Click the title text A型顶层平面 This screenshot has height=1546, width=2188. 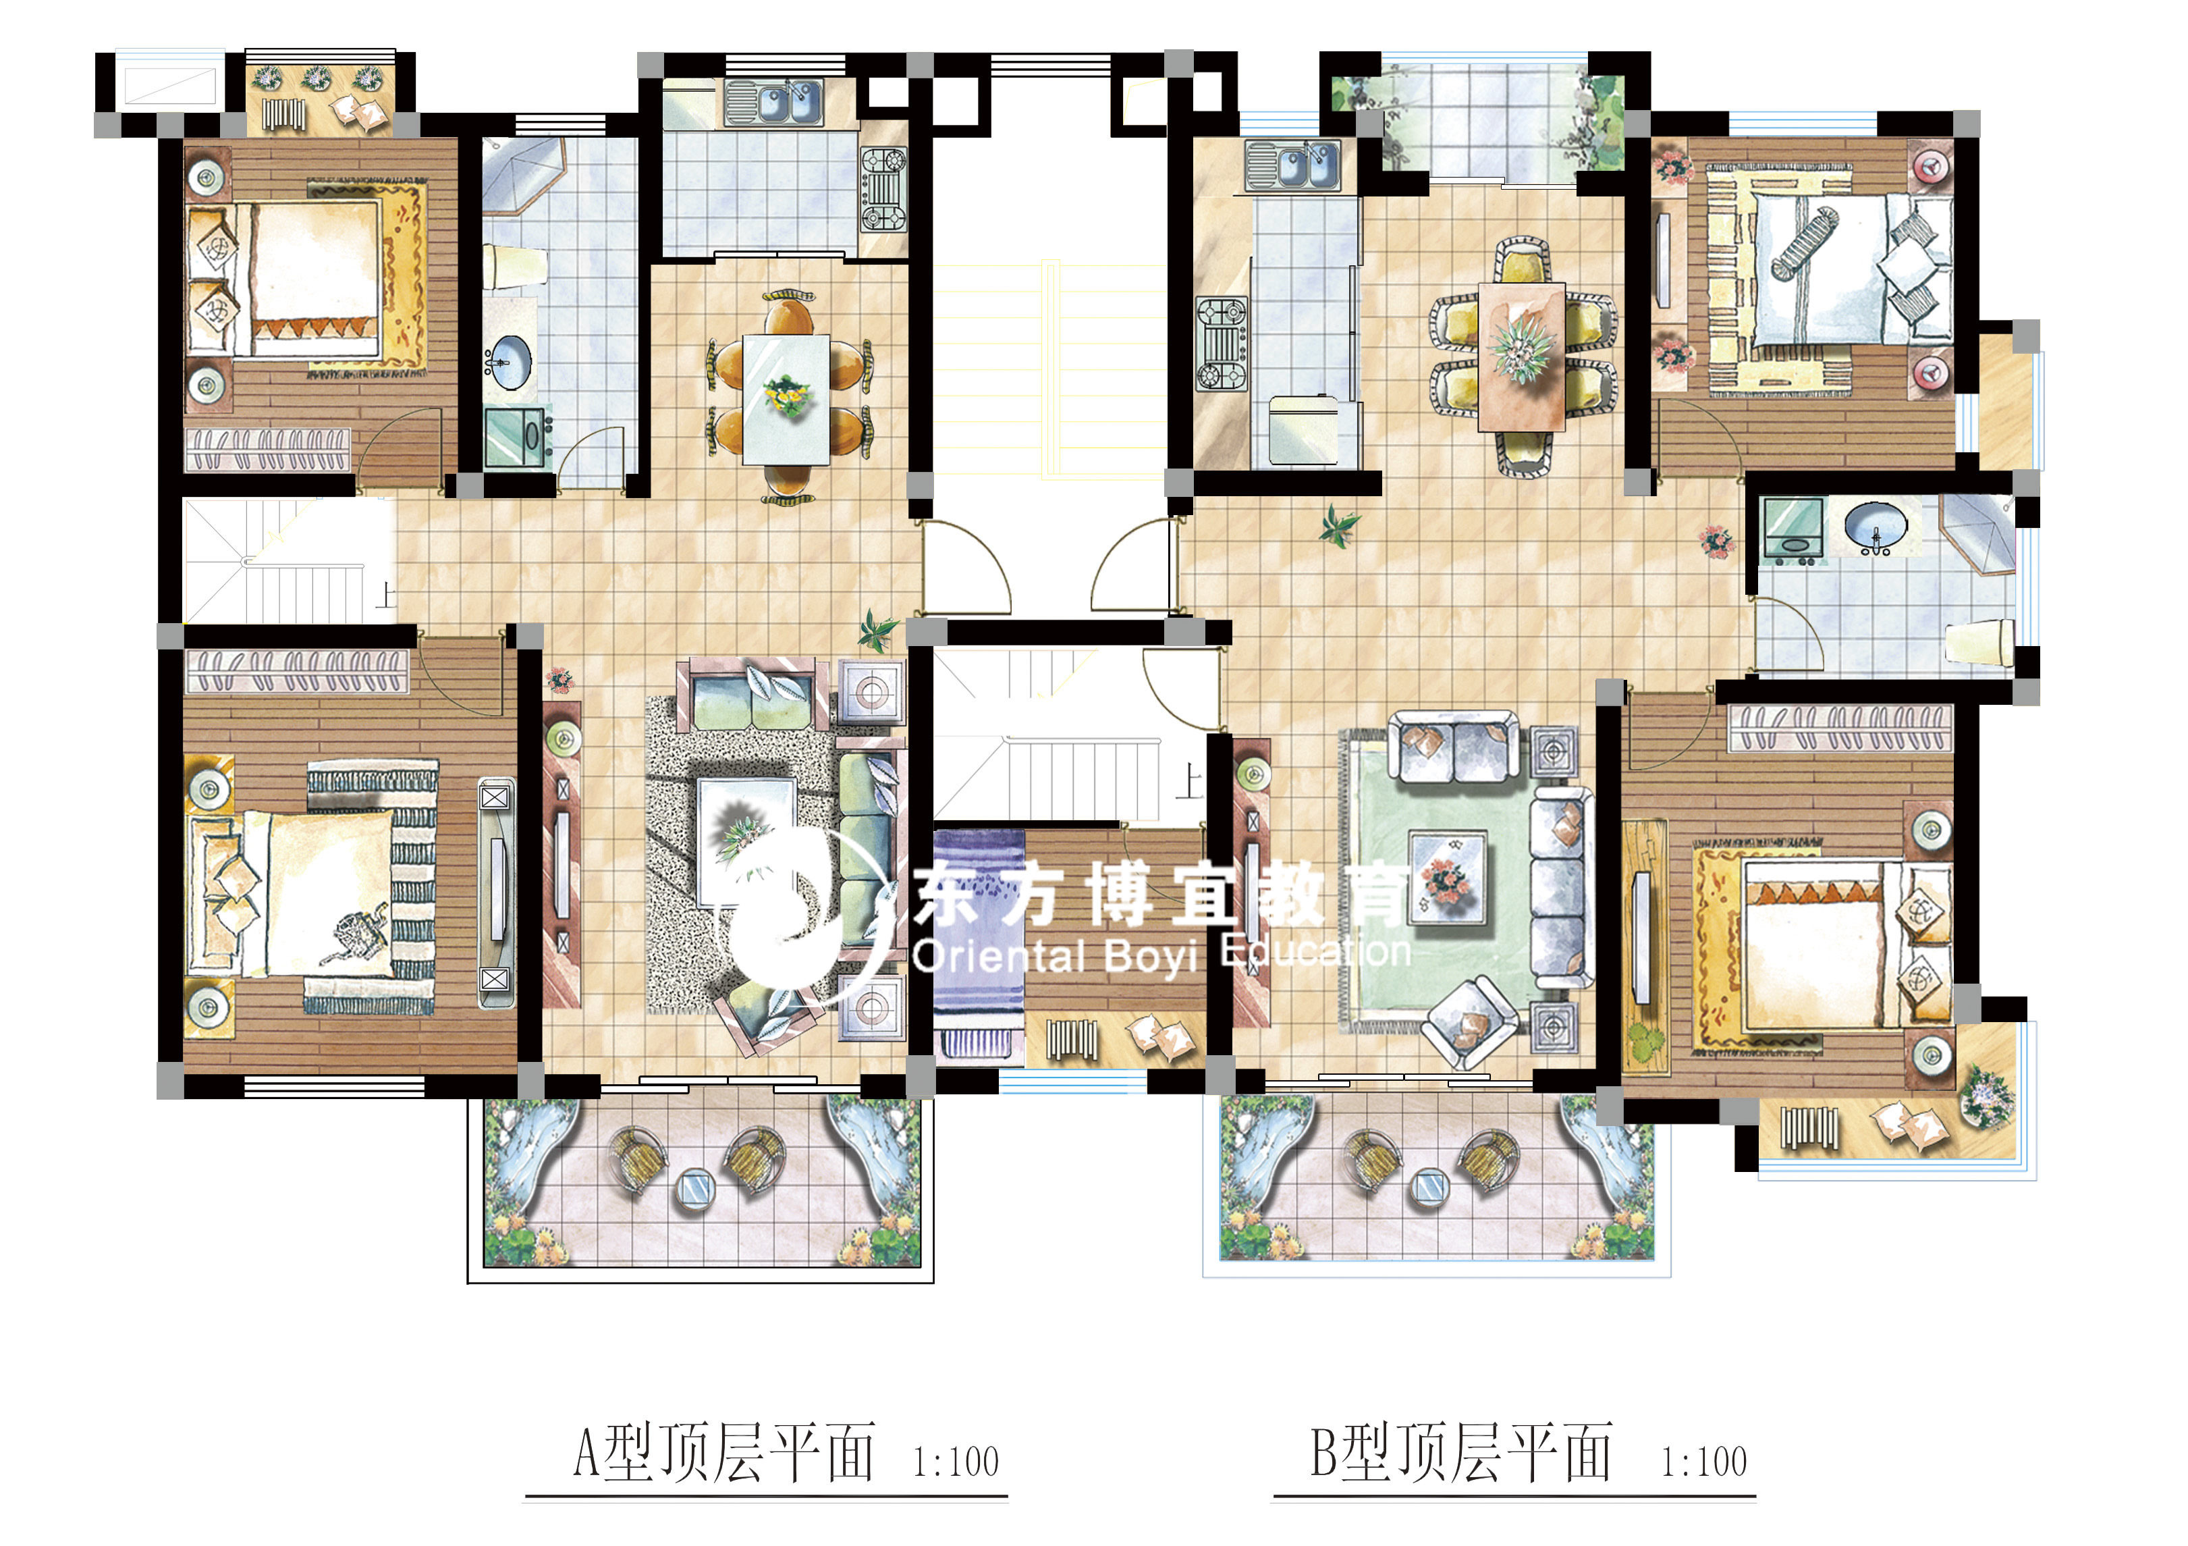723,1453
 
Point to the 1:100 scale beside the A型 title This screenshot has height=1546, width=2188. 956,1461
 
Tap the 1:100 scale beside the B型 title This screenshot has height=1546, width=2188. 1704,1461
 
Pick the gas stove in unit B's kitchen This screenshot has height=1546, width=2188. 1222,344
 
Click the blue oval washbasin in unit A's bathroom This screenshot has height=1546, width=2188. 511,362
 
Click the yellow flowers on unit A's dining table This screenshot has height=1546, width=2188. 786,396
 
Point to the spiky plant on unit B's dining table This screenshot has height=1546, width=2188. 1521,349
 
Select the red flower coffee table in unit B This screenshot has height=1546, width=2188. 1448,878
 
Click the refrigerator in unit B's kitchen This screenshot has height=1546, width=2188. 1303,431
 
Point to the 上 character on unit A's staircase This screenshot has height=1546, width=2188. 385,595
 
